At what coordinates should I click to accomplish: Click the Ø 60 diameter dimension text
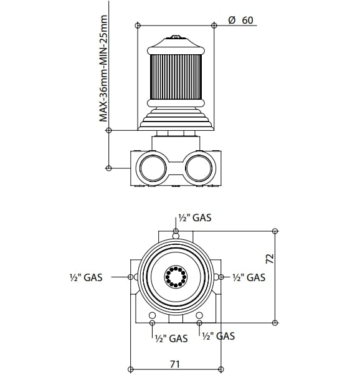[240, 20]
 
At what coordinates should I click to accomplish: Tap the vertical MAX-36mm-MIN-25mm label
[103, 69]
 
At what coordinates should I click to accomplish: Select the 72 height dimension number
[270, 259]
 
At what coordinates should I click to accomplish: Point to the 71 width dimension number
[175, 364]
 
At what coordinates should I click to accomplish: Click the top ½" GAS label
[195, 218]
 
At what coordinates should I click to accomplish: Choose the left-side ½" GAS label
[86, 277]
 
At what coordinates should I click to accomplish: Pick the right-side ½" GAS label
[249, 277]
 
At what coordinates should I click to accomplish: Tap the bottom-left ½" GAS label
[171, 338]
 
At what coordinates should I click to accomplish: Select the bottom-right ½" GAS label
[219, 336]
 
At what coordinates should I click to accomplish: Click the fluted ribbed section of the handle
[176, 77]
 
